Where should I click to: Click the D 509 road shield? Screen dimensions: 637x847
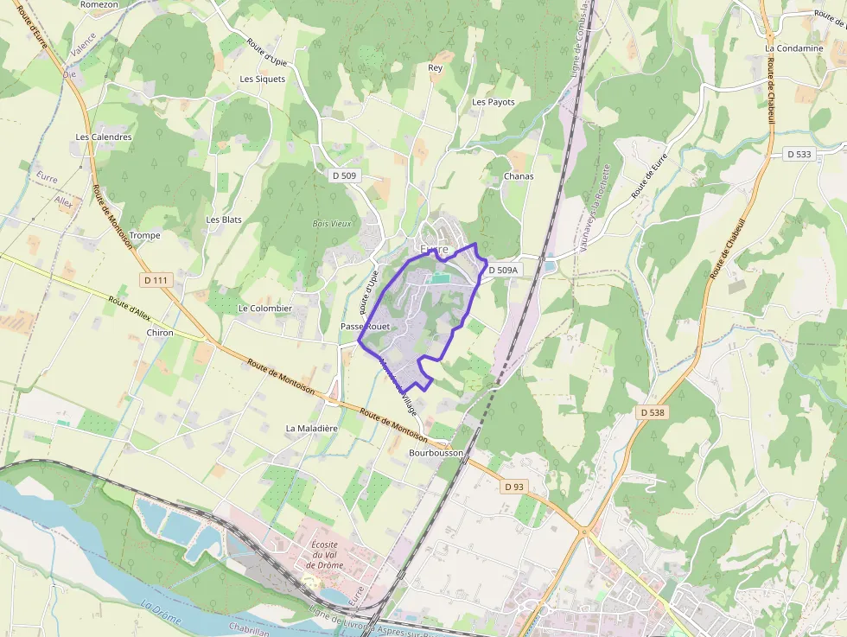coord(344,175)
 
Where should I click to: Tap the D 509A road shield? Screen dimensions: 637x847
coord(502,271)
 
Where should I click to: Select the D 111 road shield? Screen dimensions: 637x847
coord(156,280)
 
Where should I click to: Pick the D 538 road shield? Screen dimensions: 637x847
coord(653,413)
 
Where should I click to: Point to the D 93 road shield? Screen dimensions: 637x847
coord(513,487)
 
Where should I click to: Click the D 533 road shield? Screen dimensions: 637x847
coord(799,154)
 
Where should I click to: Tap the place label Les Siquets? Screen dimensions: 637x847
coord(263,79)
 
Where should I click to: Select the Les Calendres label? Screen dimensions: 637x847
coord(104,137)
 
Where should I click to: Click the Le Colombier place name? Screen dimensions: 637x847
coord(265,308)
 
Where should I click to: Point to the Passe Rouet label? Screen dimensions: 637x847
coord(366,326)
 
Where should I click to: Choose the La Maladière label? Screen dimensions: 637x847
coord(311,428)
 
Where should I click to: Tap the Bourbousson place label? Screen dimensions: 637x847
coord(436,452)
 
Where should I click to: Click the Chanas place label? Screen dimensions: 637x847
coord(519,176)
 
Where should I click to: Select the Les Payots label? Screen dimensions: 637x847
coord(494,102)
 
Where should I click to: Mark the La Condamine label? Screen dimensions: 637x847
coord(793,48)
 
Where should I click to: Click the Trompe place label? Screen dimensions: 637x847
coord(145,235)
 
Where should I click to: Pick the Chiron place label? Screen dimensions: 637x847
coord(160,333)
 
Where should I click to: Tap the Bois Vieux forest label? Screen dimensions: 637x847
coord(332,223)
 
